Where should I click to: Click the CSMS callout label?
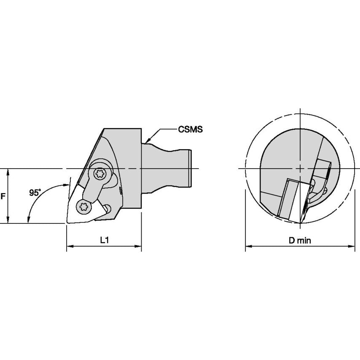191,129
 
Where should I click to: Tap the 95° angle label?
35,193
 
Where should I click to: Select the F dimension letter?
3,196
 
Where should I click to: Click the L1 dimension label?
104,240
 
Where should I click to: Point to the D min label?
300,240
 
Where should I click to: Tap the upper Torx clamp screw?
100,173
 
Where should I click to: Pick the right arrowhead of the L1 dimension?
138,246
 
